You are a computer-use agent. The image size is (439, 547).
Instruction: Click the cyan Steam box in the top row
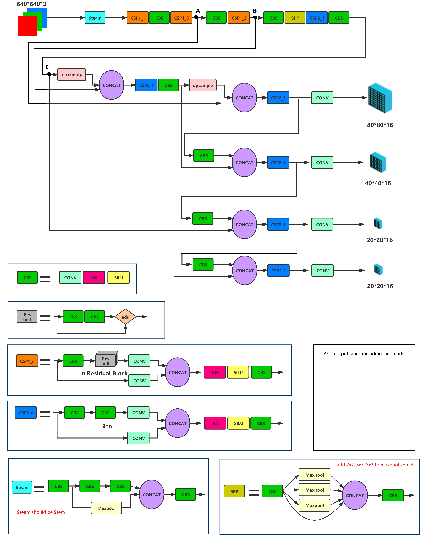click(x=95, y=18)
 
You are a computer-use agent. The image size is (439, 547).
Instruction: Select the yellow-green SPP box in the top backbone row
click(x=295, y=18)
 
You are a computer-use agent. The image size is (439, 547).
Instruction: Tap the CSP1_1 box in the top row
click(x=137, y=18)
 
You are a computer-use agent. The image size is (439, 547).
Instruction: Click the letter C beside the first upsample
click(x=48, y=67)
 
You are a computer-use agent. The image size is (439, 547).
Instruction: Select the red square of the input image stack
click(x=27, y=26)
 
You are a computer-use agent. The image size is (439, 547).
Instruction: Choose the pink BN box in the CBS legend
click(x=94, y=278)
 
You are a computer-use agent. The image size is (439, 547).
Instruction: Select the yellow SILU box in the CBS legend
click(x=118, y=278)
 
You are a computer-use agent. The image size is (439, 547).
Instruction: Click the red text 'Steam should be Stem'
click(x=41, y=512)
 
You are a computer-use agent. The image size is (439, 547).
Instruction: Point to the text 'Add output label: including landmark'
click(x=363, y=353)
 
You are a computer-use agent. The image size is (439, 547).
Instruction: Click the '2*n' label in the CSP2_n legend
click(x=107, y=426)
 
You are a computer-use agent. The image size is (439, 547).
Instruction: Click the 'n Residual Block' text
click(x=104, y=373)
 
